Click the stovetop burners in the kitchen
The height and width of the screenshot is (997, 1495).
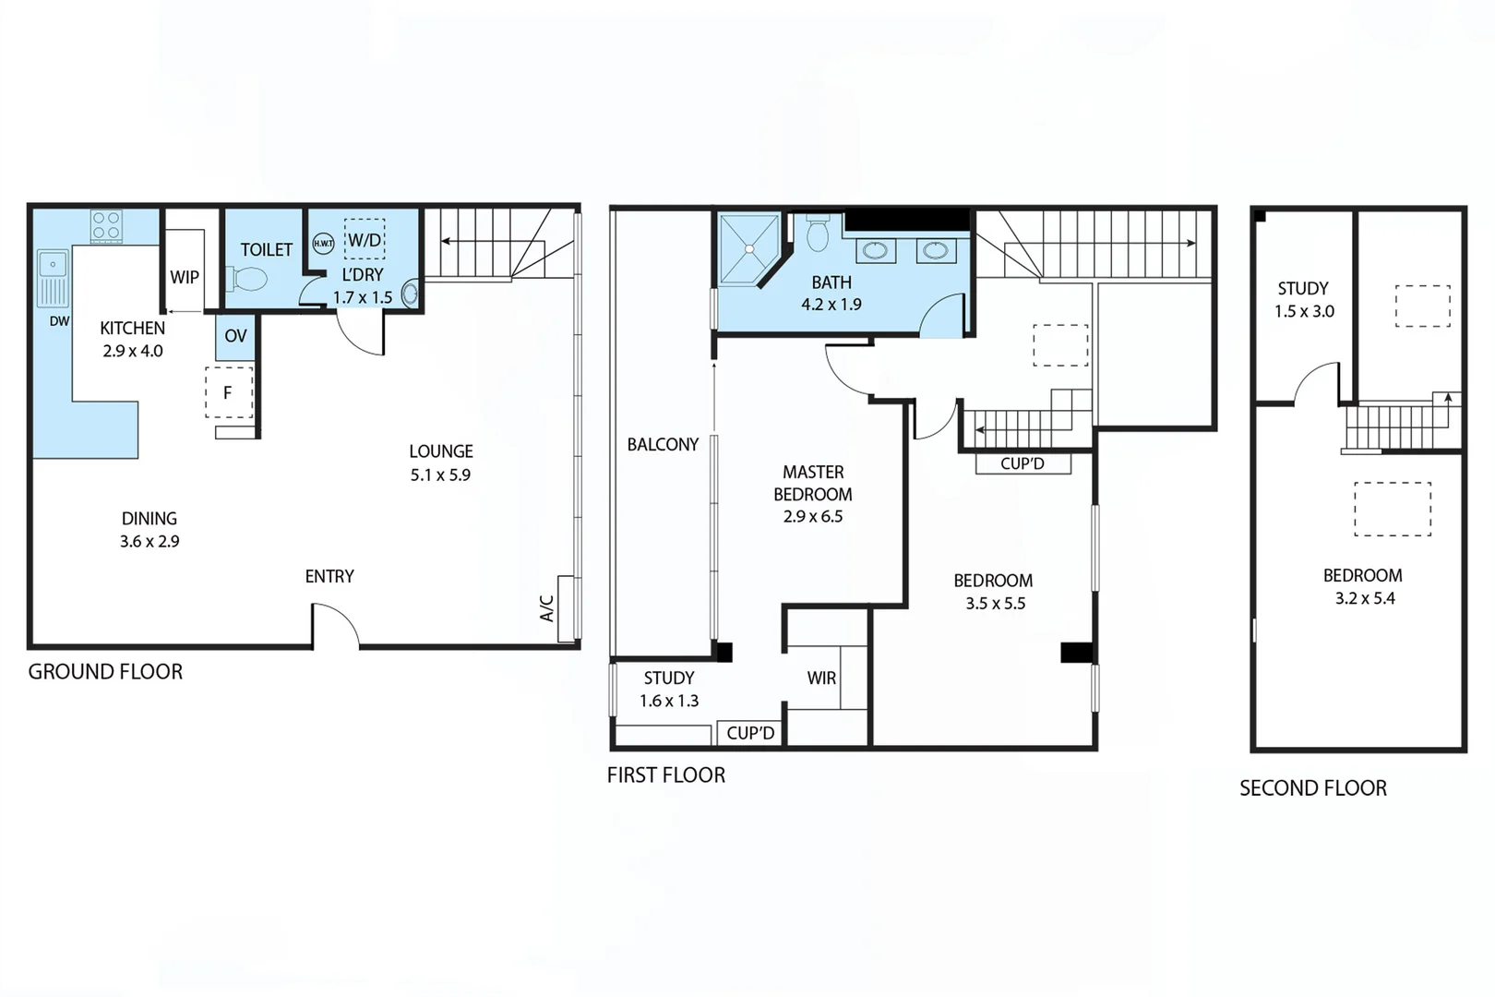coord(106,226)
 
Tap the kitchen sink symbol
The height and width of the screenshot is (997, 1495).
coord(53,277)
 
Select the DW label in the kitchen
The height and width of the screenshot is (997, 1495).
coord(59,321)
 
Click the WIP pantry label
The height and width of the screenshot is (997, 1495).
coord(185,277)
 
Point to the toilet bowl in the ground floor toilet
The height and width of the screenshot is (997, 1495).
coord(247,278)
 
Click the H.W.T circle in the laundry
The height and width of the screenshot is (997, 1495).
coord(323,244)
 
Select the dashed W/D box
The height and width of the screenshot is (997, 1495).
coord(365,240)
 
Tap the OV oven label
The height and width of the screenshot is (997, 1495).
coord(235,336)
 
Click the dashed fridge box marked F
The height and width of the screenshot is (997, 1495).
coord(228,392)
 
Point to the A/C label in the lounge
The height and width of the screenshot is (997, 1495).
coord(546,607)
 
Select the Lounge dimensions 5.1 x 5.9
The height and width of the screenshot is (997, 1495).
coord(440,474)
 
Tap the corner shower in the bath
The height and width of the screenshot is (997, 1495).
coord(748,248)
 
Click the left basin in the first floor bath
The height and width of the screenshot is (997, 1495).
coord(875,250)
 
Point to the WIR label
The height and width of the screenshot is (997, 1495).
coord(821,678)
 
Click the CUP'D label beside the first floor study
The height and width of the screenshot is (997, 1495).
coord(750,733)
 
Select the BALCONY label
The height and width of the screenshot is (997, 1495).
coord(663,444)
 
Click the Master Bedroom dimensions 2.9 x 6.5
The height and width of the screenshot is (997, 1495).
coord(813,516)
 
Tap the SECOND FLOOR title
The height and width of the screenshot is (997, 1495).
coord(1312,787)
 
